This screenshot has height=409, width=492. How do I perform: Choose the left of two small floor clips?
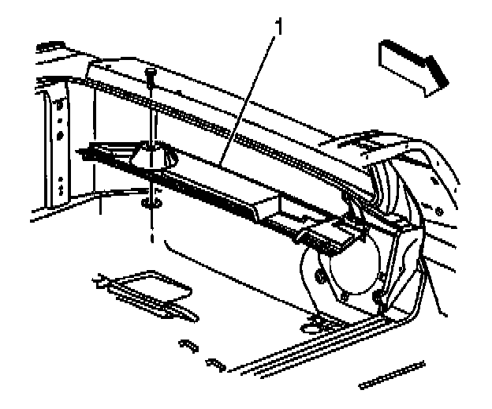[x=187, y=345]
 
